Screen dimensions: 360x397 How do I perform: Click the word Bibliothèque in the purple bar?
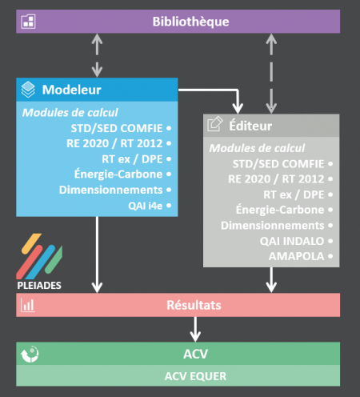[x=190, y=22]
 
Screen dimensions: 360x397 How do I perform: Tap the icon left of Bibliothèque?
[x=28, y=22]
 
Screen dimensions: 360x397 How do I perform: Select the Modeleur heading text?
[x=71, y=90]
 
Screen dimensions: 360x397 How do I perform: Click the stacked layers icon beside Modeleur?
[x=28, y=90]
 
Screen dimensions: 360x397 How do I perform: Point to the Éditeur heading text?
[x=250, y=126]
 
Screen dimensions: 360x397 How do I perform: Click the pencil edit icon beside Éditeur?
[x=215, y=124]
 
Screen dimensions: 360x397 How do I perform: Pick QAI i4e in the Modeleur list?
[x=146, y=206]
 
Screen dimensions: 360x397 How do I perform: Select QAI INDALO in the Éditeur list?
[x=292, y=241]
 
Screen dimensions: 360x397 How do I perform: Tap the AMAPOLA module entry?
[x=296, y=256]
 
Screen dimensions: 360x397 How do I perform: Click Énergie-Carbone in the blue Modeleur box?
[x=118, y=174]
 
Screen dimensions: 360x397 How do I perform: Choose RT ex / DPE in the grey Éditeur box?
[x=294, y=194]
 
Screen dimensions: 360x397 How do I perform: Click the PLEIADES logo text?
[x=39, y=286]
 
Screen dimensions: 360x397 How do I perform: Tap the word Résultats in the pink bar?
[x=194, y=305]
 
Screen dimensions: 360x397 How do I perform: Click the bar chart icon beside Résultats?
[x=28, y=305]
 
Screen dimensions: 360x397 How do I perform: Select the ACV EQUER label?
[x=195, y=376]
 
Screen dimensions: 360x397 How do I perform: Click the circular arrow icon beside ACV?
[x=30, y=354]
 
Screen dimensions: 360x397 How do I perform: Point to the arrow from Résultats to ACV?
[x=195, y=329]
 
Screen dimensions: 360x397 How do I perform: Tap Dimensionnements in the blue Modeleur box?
[x=111, y=190]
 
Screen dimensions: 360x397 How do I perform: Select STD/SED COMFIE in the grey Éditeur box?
[x=278, y=164]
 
